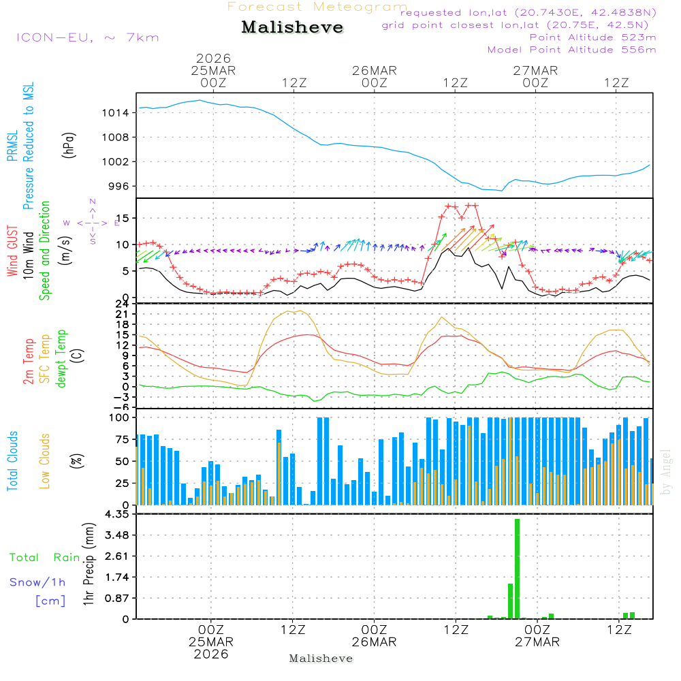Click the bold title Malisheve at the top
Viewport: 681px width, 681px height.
[x=292, y=27]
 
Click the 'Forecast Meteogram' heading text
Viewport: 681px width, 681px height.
[x=317, y=7]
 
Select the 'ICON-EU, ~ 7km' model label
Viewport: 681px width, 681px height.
[x=87, y=37]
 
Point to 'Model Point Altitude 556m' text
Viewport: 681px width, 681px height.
[x=572, y=50]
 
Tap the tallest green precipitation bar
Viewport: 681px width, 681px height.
[x=517, y=568]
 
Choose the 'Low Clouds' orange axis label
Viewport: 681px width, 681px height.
[x=45, y=461]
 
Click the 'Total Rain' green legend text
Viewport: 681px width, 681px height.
[x=44, y=558]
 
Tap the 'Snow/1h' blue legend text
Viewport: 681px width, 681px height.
[x=37, y=582]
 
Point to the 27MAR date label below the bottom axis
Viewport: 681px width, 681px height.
[x=537, y=642]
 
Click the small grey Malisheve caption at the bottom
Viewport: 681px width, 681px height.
[x=321, y=659]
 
